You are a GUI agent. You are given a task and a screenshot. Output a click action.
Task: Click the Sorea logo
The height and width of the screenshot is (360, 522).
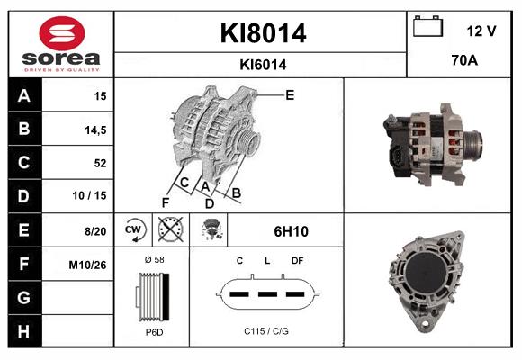pos(60,43)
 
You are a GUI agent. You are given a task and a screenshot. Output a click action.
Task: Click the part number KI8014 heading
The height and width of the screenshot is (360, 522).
pos(263,33)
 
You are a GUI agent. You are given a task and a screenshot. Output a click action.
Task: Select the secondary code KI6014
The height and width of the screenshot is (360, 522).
pos(263,64)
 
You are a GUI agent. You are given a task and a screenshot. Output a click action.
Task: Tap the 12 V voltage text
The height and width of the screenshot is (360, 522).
pos(481,31)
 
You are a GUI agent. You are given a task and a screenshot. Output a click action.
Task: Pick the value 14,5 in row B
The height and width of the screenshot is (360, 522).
pos(94,130)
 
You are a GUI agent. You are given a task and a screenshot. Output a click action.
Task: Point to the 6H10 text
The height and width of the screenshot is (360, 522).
pos(291,231)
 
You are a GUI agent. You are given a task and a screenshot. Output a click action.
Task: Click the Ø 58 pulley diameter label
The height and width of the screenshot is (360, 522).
pos(153,259)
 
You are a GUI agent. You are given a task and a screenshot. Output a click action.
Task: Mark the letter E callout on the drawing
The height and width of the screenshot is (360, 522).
pos(290,94)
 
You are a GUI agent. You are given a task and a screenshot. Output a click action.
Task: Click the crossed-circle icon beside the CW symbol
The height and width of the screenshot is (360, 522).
pos(169,230)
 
